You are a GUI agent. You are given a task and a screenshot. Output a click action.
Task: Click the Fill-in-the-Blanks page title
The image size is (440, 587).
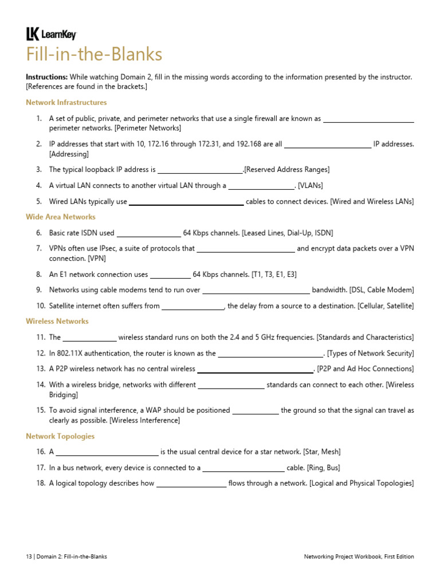coord(94,55)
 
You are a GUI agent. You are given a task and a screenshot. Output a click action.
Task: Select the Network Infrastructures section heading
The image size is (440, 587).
coord(66,103)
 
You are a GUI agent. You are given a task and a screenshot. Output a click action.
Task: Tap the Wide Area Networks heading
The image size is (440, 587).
coord(61,217)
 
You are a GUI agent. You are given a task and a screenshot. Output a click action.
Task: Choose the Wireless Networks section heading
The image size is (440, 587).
coord(57,322)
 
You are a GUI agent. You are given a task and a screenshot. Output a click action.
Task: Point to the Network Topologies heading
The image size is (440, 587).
coord(60,436)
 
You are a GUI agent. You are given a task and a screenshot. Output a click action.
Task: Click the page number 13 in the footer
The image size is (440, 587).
coord(29,557)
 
